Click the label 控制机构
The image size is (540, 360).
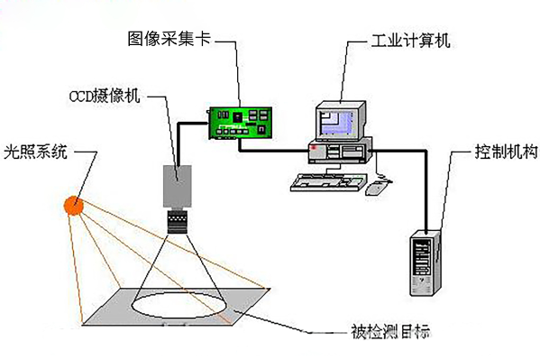click(x=499, y=151)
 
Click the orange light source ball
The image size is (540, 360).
click(x=73, y=206)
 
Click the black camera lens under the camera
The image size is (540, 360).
click(x=178, y=217)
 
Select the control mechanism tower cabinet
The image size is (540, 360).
click(x=426, y=263)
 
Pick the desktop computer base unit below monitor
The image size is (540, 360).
click(x=339, y=150)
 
